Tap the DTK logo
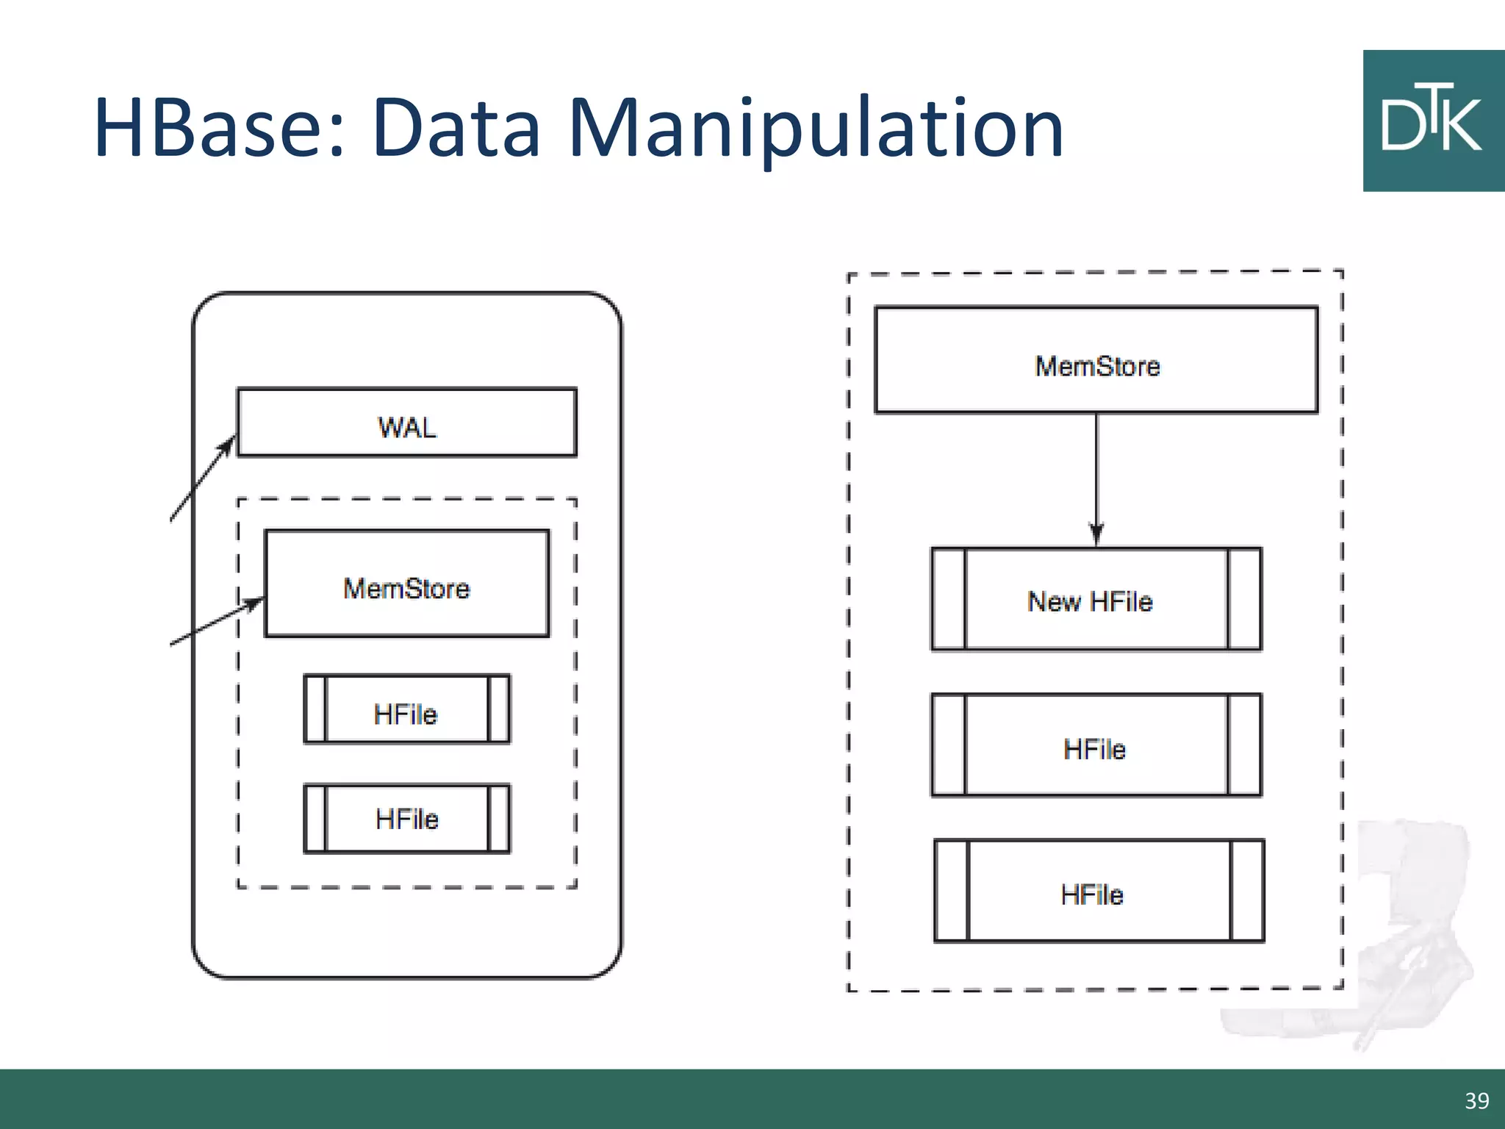point(1433,121)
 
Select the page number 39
point(1476,1101)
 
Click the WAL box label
point(407,427)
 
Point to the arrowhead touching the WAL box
point(230,443)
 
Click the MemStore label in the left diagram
point(406,589)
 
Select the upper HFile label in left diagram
point(406,714)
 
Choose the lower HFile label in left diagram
point(406,819)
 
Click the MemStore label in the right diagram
point(1097,366)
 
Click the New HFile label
point(1090,602)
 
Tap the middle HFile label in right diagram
point(1094,750)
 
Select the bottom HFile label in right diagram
point(1092,895)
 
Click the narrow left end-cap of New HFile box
point(948,599)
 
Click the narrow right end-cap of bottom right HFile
point(1247,891)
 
